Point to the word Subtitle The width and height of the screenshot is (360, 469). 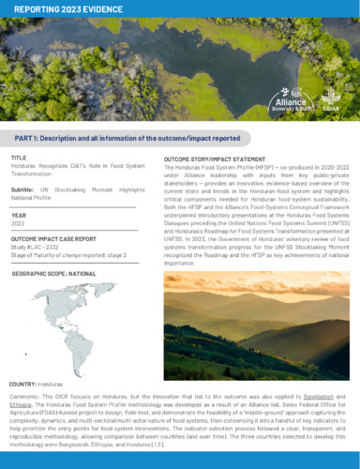click(23, 189)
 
